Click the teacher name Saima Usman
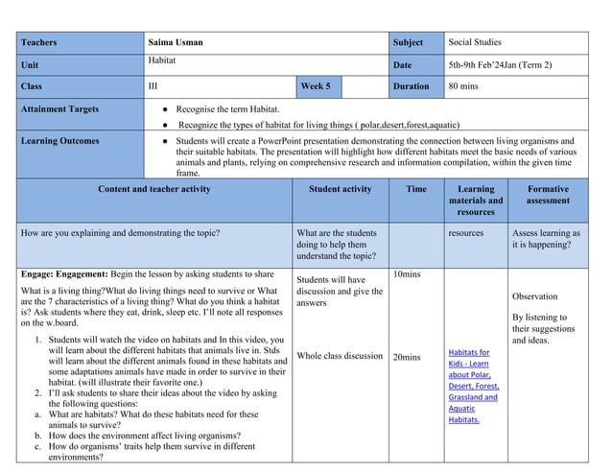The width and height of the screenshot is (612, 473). click(176, 42)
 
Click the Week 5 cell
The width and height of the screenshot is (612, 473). click(316, 85)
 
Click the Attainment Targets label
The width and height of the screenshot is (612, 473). click(59, 109)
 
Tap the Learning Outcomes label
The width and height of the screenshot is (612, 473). click(59, 141)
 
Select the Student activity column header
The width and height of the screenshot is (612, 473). click(340, 189)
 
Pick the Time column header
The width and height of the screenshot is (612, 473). click(416, 189)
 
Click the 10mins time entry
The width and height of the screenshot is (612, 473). click(408, 273)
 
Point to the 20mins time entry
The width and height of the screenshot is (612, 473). click(408, 357)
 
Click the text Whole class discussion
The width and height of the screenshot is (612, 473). click(340, 356)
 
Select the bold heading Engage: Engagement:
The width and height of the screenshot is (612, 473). click(66, 273)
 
